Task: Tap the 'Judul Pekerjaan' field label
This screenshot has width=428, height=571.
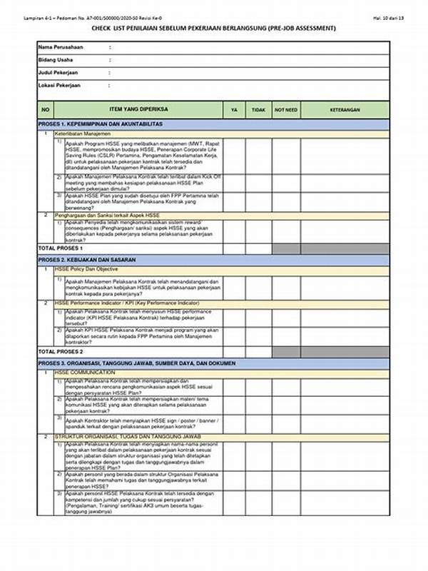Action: point(58,73)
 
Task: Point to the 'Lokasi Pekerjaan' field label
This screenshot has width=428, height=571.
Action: point(59,85)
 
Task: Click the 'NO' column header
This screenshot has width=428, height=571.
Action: point(46,110)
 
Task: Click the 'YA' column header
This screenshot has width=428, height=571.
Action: point(234,110)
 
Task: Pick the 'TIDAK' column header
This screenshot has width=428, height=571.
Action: point(258,110)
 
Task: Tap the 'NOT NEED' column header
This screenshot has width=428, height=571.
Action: point(286,110)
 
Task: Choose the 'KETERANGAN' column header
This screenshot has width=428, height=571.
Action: point(345,110)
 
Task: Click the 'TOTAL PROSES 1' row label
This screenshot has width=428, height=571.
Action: point(61,248)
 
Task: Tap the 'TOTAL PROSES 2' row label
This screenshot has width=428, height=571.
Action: point(61,352)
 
